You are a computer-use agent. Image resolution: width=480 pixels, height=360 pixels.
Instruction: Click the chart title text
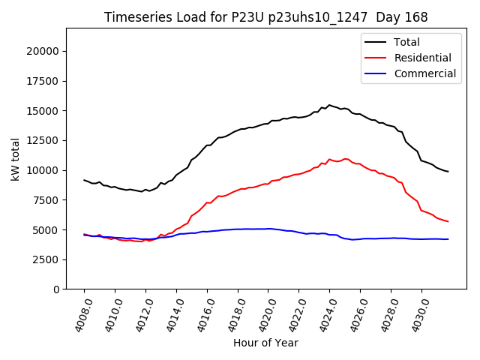pos(265,17)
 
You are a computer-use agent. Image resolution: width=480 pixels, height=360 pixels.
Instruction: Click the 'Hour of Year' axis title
pos(265,343)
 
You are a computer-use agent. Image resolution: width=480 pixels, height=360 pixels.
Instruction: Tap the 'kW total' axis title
pos(15,158)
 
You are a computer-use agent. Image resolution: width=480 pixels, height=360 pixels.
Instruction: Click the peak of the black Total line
pos(329,105)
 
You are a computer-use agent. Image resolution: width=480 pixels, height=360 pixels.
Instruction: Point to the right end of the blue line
pos(448,239)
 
